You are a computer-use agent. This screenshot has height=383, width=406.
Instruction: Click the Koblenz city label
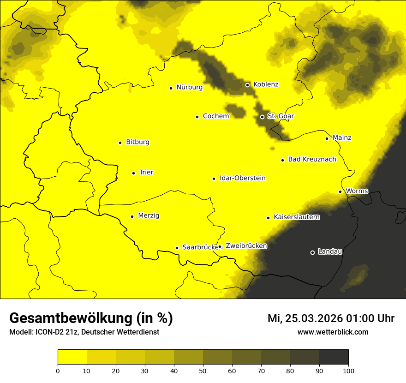[x=266, y=84]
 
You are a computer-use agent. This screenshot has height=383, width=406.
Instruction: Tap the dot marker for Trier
[x=133, y=173]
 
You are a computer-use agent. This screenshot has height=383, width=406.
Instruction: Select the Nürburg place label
[x=189, y=87]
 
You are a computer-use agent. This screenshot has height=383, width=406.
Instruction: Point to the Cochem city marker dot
[x=197, y=117]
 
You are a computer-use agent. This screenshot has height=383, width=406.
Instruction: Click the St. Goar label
[x=281, y=116]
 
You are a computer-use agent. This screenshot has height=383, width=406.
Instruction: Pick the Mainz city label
[x=342, y=138]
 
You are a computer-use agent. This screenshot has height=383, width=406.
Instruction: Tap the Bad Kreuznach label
[x=312, y=160]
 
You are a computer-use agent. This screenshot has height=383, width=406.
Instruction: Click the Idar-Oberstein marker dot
[x=214, y=179]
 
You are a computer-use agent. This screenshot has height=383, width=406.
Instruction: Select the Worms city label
[x=357, y=191]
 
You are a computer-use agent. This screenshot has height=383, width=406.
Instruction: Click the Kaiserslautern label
[x=297, y=217]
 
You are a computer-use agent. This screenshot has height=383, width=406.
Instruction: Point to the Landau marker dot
[x=312, y=252]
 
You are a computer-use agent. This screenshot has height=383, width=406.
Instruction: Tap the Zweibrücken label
[x=246, y=246]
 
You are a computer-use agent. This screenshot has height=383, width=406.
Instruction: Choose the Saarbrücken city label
[x=200, y=247]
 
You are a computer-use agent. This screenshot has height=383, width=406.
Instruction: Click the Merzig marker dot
[x=132, y=216]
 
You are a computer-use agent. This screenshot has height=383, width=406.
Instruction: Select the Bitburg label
[x=137, y=142]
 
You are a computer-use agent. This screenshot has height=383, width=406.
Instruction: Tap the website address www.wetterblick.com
[x=333, y=332]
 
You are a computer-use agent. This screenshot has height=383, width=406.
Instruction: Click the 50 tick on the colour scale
[x=203, y=371]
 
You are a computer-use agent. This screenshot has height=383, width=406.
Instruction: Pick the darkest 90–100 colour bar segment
[x=334, y=357]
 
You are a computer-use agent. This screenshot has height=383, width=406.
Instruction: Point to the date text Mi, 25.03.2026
[x=305, y=318]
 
